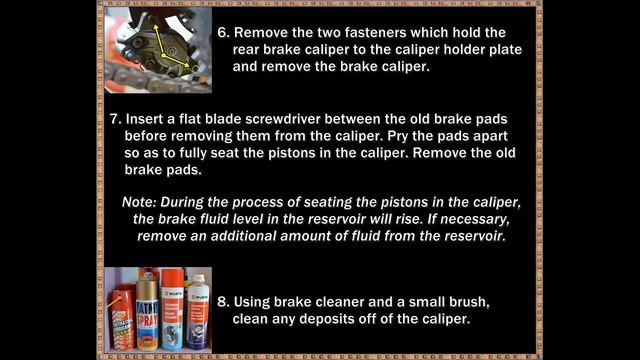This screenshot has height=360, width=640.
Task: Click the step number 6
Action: click(x=223, y=33)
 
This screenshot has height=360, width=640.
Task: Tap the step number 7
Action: click(x=116, y=119)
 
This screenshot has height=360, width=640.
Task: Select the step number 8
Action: click(x=223, y=302)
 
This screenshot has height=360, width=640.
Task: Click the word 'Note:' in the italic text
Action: click(x=139, y=202)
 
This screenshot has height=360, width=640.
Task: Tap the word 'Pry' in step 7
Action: click(x=398, y=136)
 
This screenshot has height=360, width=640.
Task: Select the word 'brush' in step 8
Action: click(x=469, y=302)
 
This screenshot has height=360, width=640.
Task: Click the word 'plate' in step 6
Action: click(x=507, y=50)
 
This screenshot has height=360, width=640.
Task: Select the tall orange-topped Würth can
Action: click(x=172, y=309)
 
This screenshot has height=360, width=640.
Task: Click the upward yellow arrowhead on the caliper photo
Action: click(x=156, y=27)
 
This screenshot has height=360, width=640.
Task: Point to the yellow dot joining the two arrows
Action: click(x=164, y=56)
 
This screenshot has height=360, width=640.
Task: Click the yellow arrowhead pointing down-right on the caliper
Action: click(x=186, y=64)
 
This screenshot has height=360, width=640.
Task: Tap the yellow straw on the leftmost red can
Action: click(x=115, y=303)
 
